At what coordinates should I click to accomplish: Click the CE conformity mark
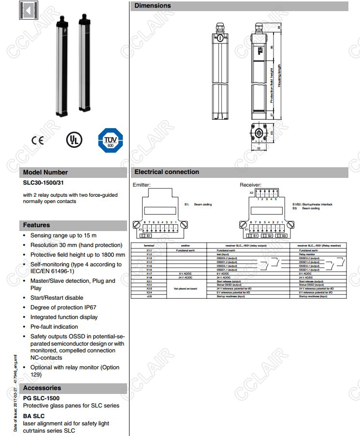pyautogui.click(x=37, y=141)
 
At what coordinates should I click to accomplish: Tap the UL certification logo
pyautogui.click(x=74, y=140)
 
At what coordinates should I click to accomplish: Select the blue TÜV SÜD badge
pyautogui.click(x=111, y=140)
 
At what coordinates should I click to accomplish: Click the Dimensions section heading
pyautogui.click(x=152, y=6)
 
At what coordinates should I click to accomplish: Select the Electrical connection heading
pyautogui.click(x=166, y=172)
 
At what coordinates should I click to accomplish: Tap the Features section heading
pyautogui.click(x=37, y=225)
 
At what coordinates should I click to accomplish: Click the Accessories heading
pyautogui.click(x=42, y=388)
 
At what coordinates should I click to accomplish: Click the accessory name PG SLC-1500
pyautogui.click(x=42, y=398)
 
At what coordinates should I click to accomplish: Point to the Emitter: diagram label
pyautogui.click(x=142, y=185)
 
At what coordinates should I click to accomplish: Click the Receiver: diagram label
pyautogui.click(x=250, y=185)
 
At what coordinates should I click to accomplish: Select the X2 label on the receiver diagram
pyautogui.click(x=251, y=192)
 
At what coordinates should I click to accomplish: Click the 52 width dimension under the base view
pyautogui.click(x=259, y=148)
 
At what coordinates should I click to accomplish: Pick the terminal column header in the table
pyautogui.click(x=149, y=246)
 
